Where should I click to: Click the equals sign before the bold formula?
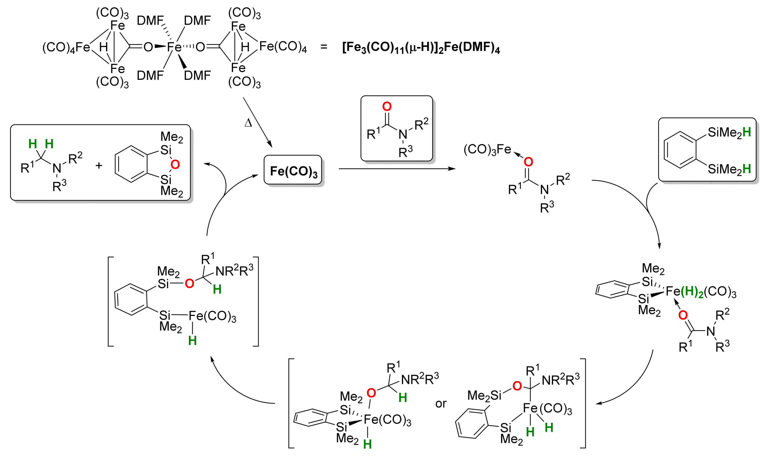(x=324, y=47)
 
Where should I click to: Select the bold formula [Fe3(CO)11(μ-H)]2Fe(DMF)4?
(x=421, y=48)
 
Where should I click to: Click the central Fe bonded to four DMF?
(x=174, y=47)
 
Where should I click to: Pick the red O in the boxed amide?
(x=387, y=107)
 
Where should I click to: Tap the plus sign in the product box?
(x=99, y=166)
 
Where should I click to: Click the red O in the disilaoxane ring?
(x=175, y=164)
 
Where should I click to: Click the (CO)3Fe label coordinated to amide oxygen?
(x=487, y=150)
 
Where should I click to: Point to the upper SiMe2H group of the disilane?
(x=729, y=133)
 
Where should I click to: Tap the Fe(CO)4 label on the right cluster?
(x=283, y=46)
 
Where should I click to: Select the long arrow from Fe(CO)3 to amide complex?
(x=397, y=169)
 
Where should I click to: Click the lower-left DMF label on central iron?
(x=150, y=75)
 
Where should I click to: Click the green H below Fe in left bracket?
(x=192, y=341)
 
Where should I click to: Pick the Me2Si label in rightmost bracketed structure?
(x=484, y=395)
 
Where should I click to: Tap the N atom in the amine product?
(x=57, y=168)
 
